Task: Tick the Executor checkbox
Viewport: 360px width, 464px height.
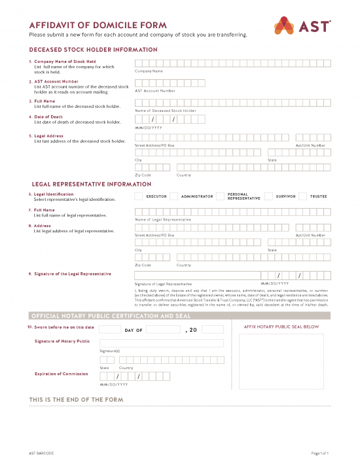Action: (x=138, y=196)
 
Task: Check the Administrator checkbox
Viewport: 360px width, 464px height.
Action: (x=173, y=196)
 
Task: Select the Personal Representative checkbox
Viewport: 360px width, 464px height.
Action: (x=220, y=196)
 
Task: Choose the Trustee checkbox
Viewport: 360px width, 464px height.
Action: (x=303, y=196)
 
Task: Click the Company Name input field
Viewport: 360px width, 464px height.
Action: (x=232, y=63)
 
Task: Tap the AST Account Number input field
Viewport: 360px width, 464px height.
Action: (x=232, y=83)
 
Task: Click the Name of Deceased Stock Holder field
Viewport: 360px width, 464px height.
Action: (x=232, y=103)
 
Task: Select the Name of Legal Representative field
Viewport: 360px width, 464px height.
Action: (x=232, y=211)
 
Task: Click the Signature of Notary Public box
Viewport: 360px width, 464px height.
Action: (x=161, y=343)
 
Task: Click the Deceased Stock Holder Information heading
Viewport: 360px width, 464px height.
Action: (x=93, y=50)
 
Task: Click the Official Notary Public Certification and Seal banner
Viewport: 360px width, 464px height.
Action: (x=111, y=315)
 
